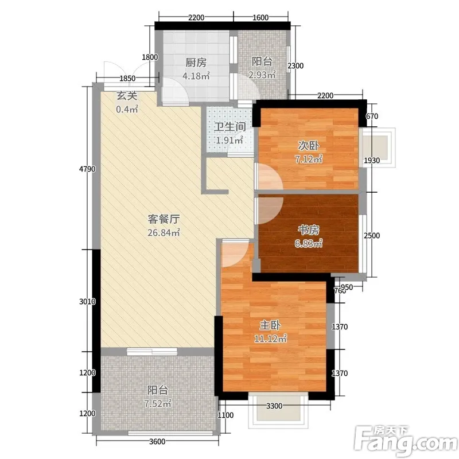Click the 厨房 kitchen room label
point(196,63)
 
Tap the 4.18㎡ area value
point(196,76)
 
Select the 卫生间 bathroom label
point(230,127)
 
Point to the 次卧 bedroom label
point(308,146)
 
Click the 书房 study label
point(309,230)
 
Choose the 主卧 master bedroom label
point(270,325)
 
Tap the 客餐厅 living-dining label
point(164,219)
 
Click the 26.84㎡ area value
point(164,233)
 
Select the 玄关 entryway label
point(127,96)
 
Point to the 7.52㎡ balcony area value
point(157,404)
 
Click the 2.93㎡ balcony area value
point(262,75)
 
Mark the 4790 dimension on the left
point(87,169)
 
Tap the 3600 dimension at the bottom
point(157,441)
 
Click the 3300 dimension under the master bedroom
point(274,406)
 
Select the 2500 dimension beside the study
point(372,235)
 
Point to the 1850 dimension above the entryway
point(127,79)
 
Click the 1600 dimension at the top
point(260,18)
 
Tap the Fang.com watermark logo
point(406,441)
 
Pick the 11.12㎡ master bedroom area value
point(270,339)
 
